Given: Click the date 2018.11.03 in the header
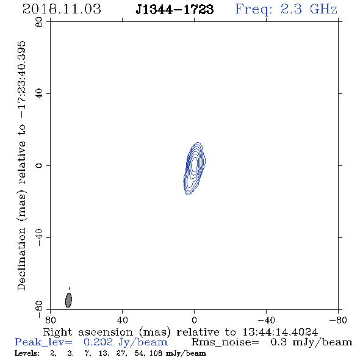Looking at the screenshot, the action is click(62, 9).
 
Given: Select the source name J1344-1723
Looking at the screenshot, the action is click(175, 10).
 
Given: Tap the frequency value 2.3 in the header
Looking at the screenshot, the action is click(291, 9).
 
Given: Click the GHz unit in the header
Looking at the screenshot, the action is click(323, 9).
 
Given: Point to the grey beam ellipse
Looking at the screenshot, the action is click(68, 300).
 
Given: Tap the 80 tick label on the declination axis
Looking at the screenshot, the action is click(39, 22).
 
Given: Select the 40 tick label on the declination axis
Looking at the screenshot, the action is click(39, 94).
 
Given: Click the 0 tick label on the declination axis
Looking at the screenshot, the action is click(39, 165).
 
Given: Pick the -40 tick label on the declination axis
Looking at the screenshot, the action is click(39, 237).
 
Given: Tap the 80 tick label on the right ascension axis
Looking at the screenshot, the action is click(50, 320).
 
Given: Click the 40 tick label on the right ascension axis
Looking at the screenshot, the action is click(122, 320).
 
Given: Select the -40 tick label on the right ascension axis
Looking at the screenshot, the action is click(266, 320).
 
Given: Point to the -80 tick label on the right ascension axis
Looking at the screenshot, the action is click(338, 320).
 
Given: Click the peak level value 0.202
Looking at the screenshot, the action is click(98, 342).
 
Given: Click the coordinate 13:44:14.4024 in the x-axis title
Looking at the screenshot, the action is click(280, 332).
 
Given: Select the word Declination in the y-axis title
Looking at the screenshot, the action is click(21, 259).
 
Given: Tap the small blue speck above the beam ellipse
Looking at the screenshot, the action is click(70, 288).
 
